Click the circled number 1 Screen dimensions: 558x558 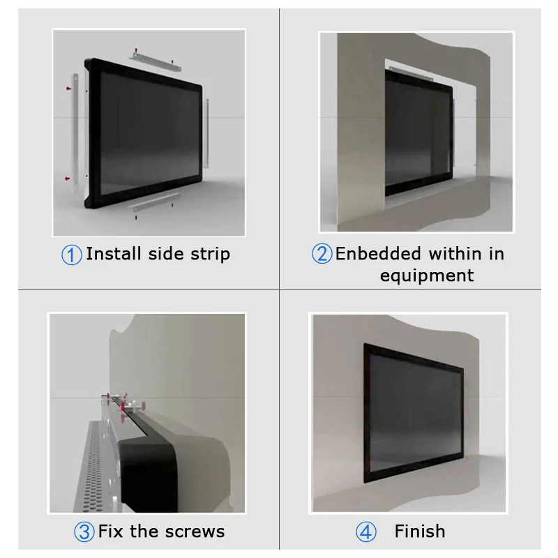(72, 255)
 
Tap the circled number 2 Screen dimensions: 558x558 (322, 254)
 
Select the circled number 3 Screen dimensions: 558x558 (84, 532)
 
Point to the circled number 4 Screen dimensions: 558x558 (365, 532)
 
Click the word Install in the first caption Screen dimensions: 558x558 (114, 254)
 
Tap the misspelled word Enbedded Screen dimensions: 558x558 (378, 254)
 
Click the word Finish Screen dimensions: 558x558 (420, 531)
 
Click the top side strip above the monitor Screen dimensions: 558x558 (155, 61)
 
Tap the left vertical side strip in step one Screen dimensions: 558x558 (75, 133)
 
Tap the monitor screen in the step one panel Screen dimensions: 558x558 (149, 133)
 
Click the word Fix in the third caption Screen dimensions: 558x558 (111, 531)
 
